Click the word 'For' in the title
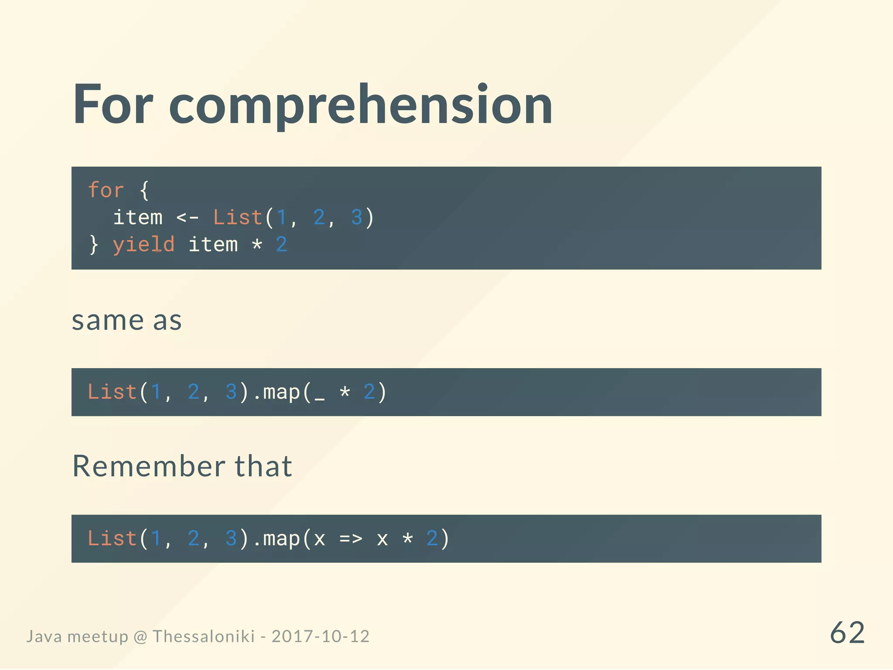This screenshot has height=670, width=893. [x=112, y=105]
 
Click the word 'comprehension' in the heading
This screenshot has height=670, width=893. [x=361, y=105]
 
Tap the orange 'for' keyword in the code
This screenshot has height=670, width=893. [x=106, y=190]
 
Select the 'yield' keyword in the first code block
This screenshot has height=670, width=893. [x=143, y=244]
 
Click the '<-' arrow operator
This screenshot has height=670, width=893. [x=187, y=217]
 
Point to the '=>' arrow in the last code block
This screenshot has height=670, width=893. [x=351, y=539]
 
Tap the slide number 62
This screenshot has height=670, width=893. [x=847, y=632]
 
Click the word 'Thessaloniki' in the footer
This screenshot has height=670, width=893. [x=203, y=636]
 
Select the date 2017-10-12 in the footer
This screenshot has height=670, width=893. [x=320, y=636]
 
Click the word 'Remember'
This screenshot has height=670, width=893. [x=148, y=466]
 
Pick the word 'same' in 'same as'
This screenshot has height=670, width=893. [x=107, y=321]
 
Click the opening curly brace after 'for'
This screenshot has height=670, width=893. [x=144, y=191]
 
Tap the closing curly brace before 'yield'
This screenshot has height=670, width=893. [x=94, y=244]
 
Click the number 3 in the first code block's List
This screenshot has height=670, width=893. [x=357, y=217]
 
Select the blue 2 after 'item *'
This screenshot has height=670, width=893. [x=281, y=244]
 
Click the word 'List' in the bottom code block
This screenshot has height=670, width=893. [x=112, y=539]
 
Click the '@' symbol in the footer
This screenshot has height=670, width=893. [x=140, y=637]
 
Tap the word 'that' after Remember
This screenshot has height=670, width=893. [x=263, y=466]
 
